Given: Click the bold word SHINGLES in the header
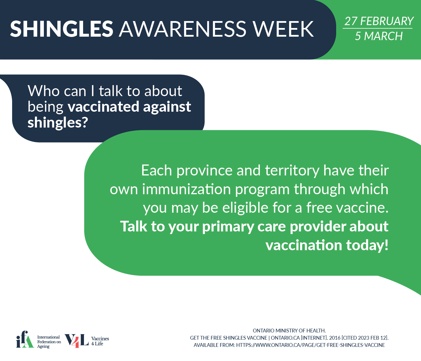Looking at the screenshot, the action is [61, 29].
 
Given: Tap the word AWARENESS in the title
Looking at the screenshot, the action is [183, 29].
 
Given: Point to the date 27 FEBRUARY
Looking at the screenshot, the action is [379, 21].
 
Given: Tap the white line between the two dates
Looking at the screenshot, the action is [377, 28].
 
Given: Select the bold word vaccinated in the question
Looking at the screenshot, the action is [104, 106].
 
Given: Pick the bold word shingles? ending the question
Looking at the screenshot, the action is [58, 123].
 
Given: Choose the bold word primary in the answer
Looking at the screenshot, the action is [228, 227].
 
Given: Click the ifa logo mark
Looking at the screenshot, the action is [25, 339].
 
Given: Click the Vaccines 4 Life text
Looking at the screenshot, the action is [100, 341].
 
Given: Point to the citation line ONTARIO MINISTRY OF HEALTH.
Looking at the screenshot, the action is [289, 331].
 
